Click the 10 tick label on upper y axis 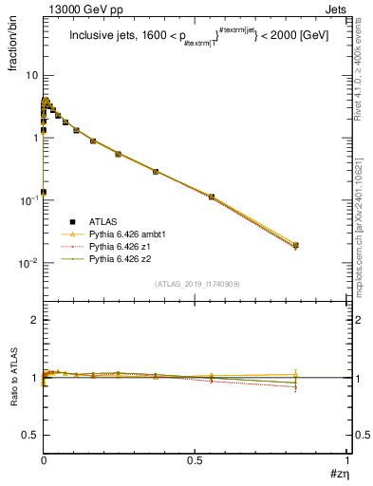point(30,75)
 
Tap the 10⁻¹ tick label point(28,200)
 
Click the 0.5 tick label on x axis point(196,461)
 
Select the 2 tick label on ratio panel point(34,320)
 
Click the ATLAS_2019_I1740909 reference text point(196,284)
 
